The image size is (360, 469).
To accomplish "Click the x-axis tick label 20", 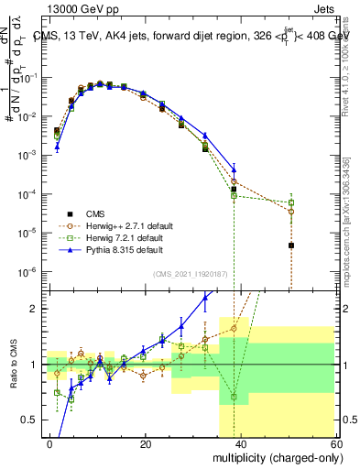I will [146, 442].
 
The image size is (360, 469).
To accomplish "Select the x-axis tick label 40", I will [241, 442].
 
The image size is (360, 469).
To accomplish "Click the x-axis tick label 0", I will [50, 442].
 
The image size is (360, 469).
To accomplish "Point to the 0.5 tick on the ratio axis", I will [32, 420].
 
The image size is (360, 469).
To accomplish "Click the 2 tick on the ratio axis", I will [37, 309].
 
